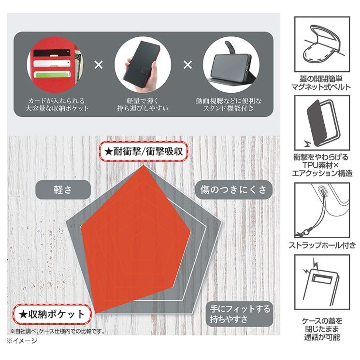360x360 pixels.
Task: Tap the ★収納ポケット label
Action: click(51, 315)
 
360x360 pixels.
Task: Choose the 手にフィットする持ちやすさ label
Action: click(240, 314)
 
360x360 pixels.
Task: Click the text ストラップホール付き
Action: click(322, 245)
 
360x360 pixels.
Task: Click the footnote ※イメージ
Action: click(22, 341)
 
